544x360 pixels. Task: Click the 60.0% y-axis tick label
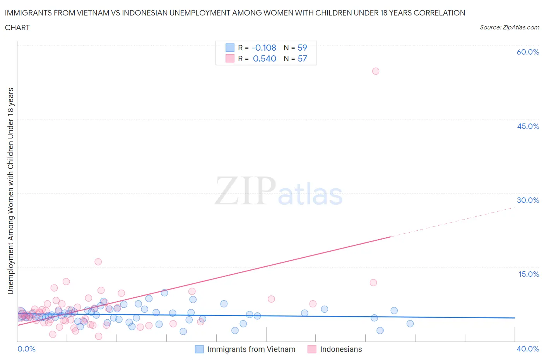[x=528, y=52]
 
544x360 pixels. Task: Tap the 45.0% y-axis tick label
[x=528, y=126]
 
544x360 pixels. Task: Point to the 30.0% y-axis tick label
[x=528, y=200]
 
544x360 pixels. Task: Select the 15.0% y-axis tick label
[x=529, y=274]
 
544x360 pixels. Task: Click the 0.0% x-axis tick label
[x=26, y=349]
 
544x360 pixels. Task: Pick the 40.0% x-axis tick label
[x=528, y=349]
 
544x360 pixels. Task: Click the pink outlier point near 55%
[x=375, y=71]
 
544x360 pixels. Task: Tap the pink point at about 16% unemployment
[x=98, y=262]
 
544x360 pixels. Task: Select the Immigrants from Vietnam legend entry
[x=251, y=349]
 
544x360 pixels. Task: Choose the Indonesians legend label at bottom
[x=341, y=349]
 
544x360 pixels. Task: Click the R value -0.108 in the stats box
[x=264, y=48]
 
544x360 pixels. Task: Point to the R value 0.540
[x=265, y=58]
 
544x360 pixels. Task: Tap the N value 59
[x=302, y=48]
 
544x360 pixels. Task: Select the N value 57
[x=302, y=58]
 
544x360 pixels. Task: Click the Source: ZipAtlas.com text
[x=509, y=27]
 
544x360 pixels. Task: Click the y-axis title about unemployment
[x=10, y=191]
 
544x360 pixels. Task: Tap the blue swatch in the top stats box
[x=230, y=48]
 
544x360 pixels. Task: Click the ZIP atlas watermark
[x=279, y=191]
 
